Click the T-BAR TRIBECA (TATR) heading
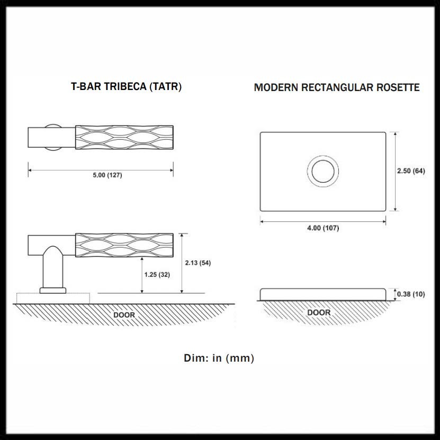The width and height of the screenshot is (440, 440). pos(126,87)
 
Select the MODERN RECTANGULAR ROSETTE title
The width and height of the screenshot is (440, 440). pos(337,87)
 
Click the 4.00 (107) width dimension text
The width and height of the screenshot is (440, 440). pos(323,228)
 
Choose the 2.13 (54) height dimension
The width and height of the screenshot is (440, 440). pos(198,263)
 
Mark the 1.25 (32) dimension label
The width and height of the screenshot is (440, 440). pos(157,274)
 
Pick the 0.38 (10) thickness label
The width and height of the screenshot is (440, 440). pos(411,294)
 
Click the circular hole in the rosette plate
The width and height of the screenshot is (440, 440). pos(322,172)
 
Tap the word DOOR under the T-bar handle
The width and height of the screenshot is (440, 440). pos(124,315)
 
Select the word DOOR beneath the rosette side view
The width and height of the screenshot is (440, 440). pos(319,312)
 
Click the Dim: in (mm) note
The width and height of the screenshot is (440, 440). pos(219,358)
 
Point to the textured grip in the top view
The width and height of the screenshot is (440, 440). pos(124,137)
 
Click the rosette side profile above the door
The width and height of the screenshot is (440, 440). pos(323,294)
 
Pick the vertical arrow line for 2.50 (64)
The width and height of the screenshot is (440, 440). pos(395,172)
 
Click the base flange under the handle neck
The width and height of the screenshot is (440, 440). pos(52,290)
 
